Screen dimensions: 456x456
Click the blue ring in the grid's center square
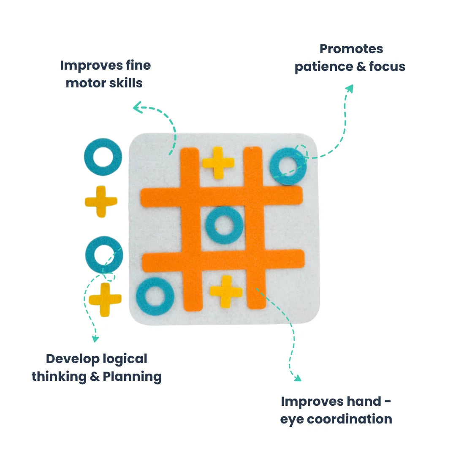224,225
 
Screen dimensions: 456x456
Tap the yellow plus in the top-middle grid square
218,162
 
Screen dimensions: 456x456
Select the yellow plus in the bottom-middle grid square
226,291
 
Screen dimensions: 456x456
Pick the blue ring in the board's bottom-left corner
155,297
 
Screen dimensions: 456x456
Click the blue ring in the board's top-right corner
288,166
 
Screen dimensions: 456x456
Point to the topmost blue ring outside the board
103,157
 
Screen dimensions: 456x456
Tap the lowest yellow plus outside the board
105,299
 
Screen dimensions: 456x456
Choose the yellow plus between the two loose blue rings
101,201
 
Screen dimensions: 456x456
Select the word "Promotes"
351,49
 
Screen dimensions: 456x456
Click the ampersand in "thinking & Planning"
95,376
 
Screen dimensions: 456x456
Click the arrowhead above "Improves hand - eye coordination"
297,377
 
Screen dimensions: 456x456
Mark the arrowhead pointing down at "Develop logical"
95,339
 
